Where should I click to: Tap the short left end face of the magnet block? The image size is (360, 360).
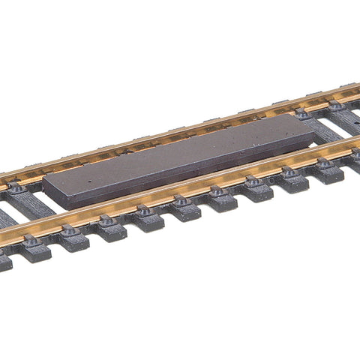47,193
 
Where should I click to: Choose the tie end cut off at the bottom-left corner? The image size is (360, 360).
4,262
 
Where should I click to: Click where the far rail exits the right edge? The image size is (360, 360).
358,94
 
